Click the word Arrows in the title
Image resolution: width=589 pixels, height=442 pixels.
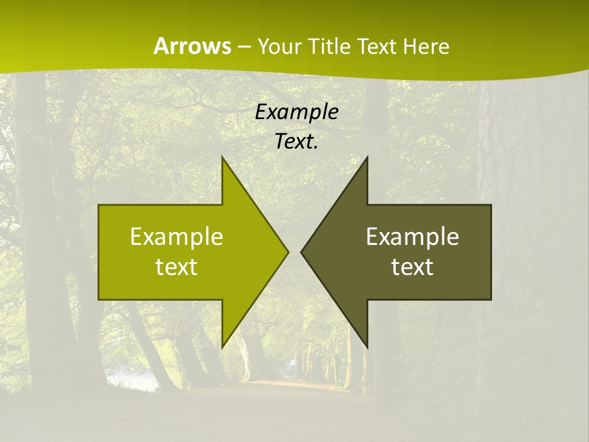(x=192, y=46)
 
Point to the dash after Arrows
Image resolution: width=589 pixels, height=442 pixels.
(x=244, y=47)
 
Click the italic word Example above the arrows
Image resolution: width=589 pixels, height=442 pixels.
(x=297, y=112)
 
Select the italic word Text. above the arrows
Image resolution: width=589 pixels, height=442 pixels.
(x=297, y=141)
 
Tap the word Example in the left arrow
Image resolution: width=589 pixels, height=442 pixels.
(x=177, y=236)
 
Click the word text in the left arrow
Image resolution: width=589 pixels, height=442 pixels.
(x=177, y=266)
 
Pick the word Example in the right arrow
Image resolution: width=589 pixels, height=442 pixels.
(x=412, y=236)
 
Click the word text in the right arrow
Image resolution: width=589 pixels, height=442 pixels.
(x=412, y=266)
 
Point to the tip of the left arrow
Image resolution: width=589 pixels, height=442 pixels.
(x=288, y=252)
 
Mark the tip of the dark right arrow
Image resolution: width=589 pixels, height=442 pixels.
(x=301, y=252)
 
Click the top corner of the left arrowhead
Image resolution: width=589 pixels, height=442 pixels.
(x=222, y=157)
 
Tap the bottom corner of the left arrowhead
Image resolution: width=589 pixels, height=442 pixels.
(x=222, y=347)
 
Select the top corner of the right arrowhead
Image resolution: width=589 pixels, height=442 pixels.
(x=367, y=157)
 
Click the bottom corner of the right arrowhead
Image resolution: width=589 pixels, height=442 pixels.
(x=367, y=347)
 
